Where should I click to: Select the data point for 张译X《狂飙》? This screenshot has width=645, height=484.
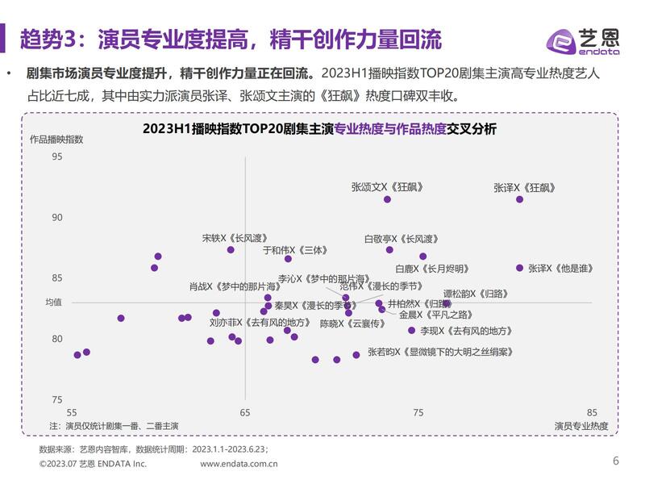519,199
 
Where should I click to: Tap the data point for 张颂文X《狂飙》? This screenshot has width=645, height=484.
387,199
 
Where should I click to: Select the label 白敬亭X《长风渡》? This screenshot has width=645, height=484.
402,239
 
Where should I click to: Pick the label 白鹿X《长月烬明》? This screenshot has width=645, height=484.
431,269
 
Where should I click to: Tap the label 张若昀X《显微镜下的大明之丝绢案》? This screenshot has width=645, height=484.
440,352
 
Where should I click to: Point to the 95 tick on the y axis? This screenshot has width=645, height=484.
57,156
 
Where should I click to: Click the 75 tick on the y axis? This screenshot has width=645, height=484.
57,400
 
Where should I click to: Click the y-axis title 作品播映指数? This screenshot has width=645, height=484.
56,139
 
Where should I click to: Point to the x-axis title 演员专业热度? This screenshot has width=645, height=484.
581,425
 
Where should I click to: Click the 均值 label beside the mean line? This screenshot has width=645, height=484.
54,302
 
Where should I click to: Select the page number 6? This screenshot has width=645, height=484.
616,461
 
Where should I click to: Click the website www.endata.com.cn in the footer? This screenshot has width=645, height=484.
239,464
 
